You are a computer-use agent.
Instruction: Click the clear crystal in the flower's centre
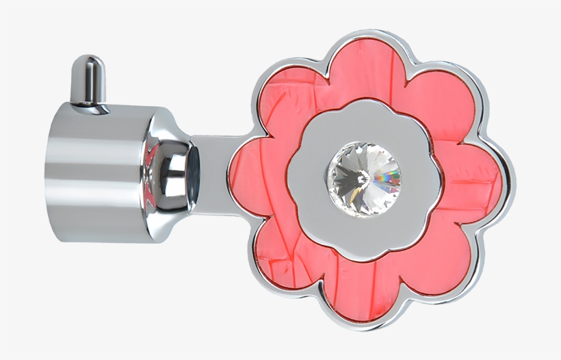click(x=363, y=178)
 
